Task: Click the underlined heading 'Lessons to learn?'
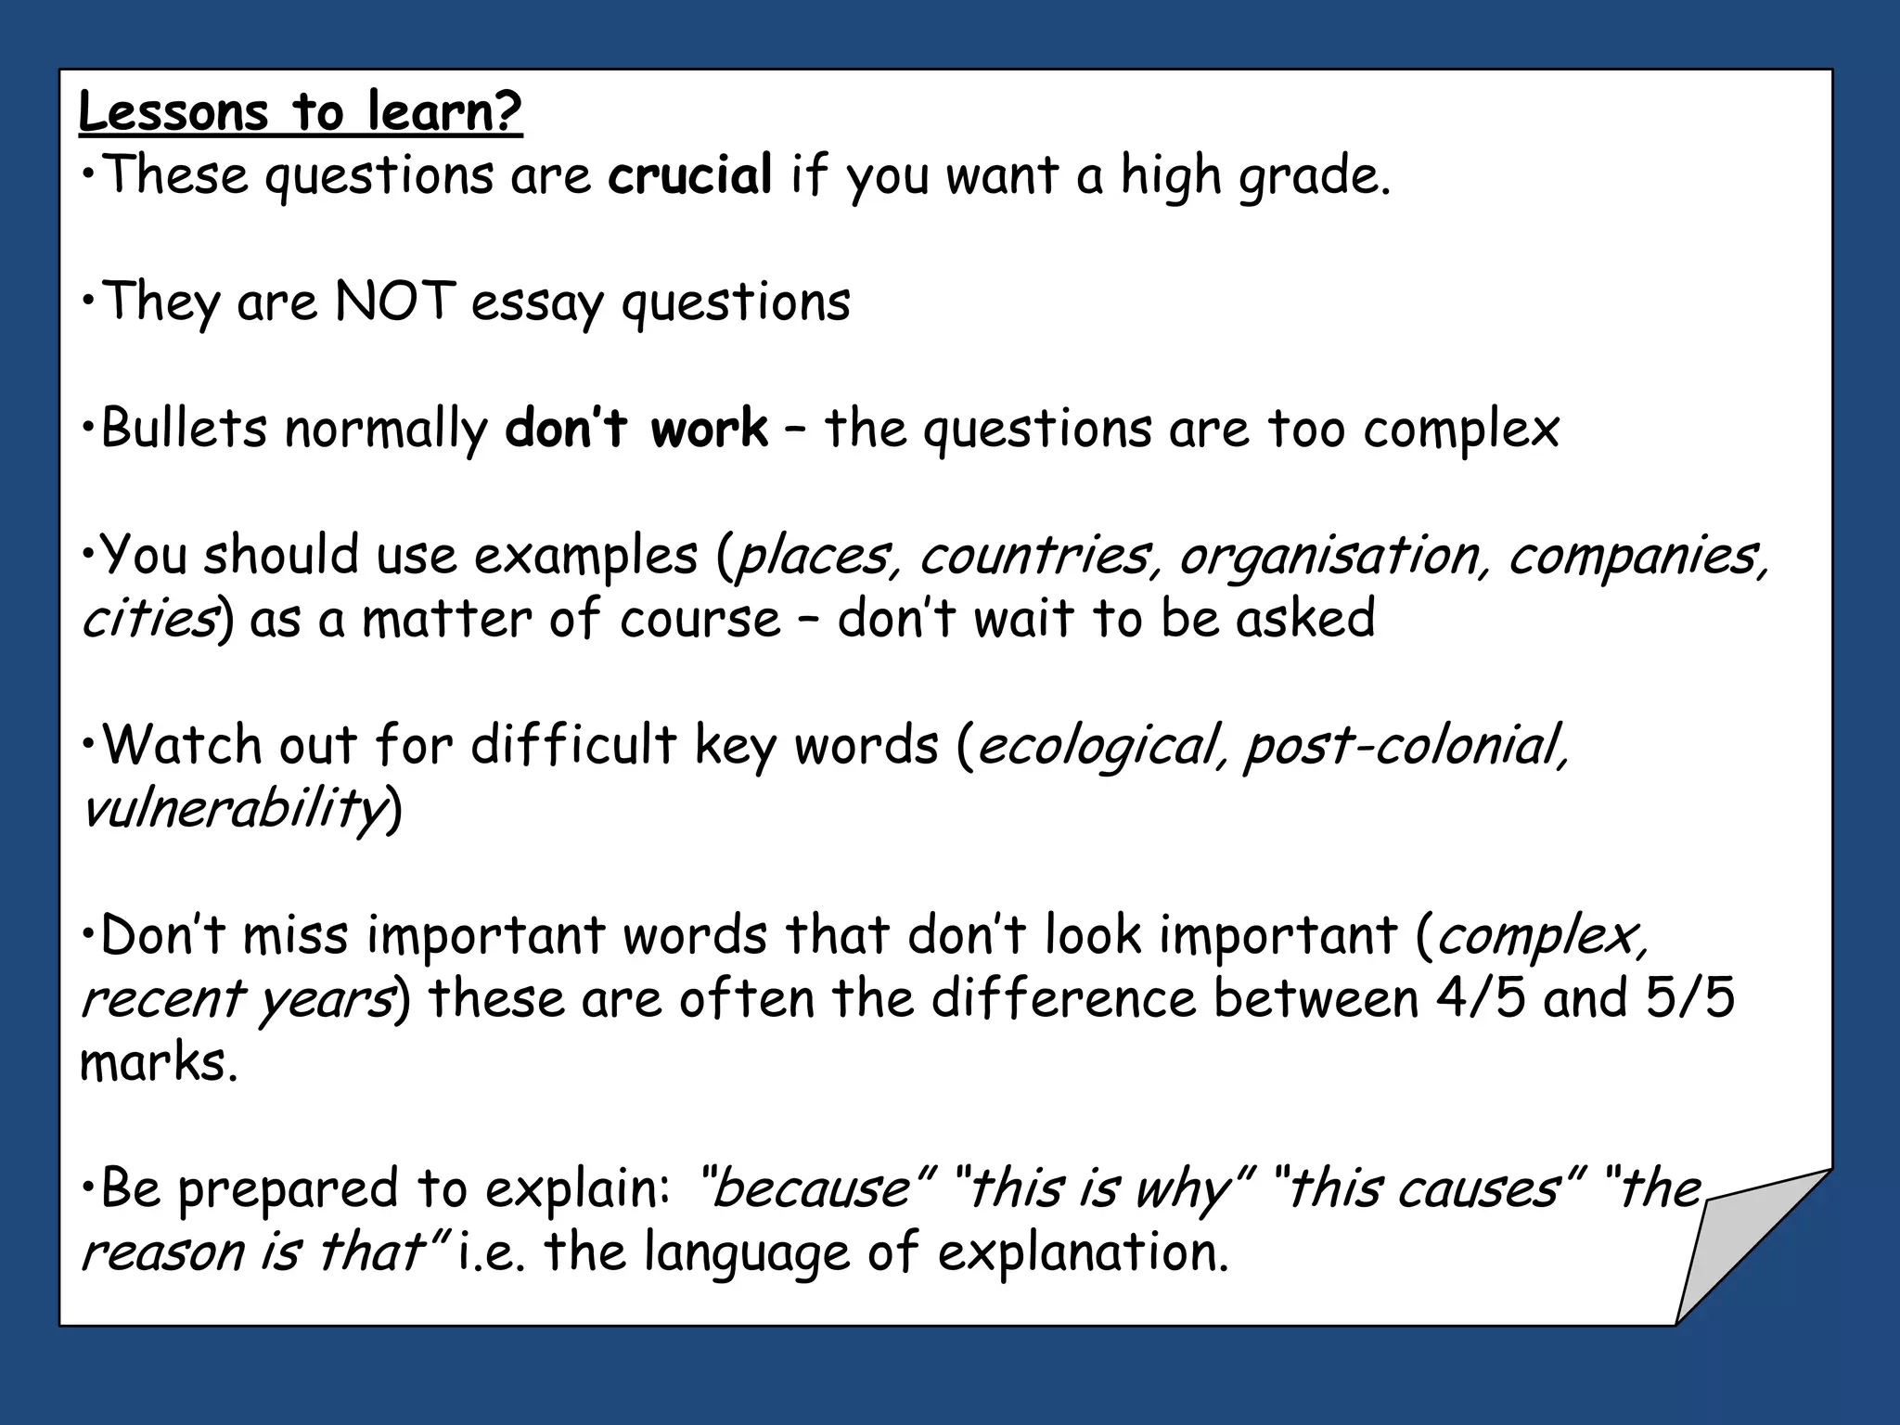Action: [x=300, y=112]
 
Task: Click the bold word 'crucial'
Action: [x=689, y=174]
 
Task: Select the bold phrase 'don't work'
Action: [x=636, y=428]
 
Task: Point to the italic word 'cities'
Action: [x=149, y=619]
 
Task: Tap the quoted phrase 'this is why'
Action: [x=1104, y=1188]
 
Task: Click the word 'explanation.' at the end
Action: [x=1083, y=1252]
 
